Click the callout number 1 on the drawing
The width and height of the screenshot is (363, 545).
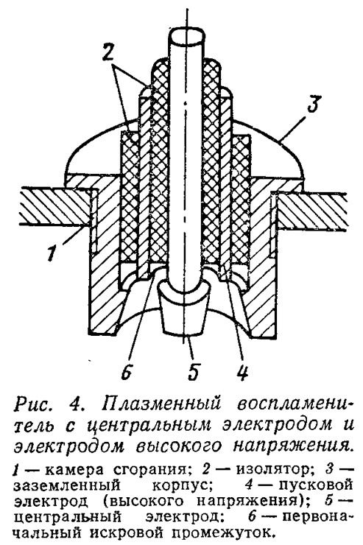[x=52, y=253]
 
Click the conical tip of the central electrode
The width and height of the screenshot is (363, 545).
[x=184, y=309]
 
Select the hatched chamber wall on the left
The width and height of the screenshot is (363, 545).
[x=55, y=208]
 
